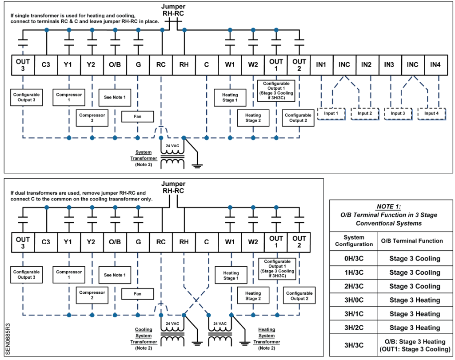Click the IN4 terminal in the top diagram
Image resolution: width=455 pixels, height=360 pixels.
point(435,65)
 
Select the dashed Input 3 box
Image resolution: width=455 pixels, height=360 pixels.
point(397,113)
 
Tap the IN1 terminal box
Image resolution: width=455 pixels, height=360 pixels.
point(321,65)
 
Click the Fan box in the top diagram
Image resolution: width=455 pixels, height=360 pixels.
point(137,116)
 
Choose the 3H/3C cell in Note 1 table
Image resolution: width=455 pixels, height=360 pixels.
point(354,345)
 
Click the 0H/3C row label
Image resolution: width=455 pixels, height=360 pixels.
point(354,259)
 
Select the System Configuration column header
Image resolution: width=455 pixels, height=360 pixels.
point(354,241)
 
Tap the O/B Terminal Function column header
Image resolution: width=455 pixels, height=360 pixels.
point(411,241)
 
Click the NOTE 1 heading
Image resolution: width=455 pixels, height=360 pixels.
point(388,207)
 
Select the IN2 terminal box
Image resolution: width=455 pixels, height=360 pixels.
point(367,65)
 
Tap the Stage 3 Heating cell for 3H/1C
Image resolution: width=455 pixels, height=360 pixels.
point(415,314)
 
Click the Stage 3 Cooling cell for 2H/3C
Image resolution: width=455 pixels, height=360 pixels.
point(415,286)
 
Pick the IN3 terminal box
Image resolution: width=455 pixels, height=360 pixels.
point(390,65)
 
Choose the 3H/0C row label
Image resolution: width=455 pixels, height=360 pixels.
point(354,300)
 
